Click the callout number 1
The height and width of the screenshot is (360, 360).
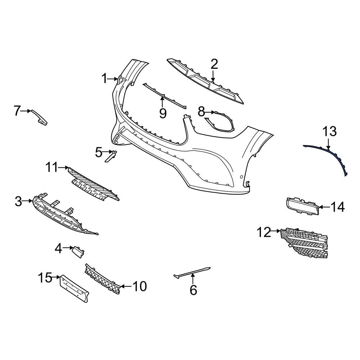click(x=104, y=78)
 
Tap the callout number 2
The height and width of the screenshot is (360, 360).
click(x=214, y=64)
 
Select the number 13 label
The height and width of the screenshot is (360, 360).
click(x=329, y=132)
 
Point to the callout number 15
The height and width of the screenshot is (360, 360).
click(x=45, y=278)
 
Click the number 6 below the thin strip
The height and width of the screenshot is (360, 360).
click(x=193, y=290)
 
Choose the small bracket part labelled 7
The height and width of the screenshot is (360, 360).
click(x=39, y=117)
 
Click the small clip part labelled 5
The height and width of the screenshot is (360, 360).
click(x=111, y=156)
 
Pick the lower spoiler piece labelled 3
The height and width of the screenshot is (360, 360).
click(x=61, y=216)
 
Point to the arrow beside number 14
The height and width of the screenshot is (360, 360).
click(x=324, y=207)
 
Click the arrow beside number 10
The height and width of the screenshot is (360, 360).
click(x=125, y=286)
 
